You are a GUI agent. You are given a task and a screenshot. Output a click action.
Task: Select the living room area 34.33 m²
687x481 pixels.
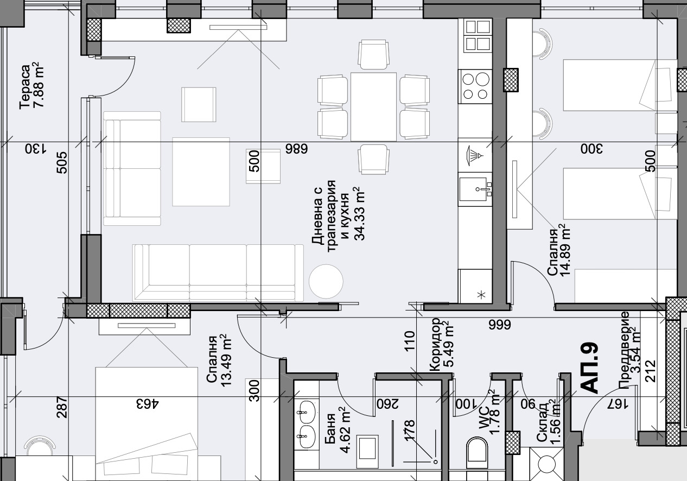359,213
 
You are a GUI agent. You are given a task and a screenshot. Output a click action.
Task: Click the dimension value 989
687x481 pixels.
296,149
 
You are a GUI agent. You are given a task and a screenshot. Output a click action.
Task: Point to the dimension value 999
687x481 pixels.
500,325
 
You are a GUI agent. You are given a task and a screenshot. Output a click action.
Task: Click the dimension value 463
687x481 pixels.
148,404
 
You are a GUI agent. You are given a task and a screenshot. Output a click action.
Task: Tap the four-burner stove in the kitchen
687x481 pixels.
475,86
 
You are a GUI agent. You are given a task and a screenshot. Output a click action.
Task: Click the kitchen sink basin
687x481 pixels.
475,189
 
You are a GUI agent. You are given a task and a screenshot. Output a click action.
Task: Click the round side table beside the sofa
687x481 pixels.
326,281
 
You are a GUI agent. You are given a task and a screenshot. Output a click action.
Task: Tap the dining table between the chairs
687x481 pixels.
373,107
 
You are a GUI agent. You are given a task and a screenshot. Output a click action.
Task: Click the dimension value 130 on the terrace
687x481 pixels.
36,149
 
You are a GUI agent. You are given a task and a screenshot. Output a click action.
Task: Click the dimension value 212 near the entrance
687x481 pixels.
650,371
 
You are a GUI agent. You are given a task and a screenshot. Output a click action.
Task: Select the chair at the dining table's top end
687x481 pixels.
373,54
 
